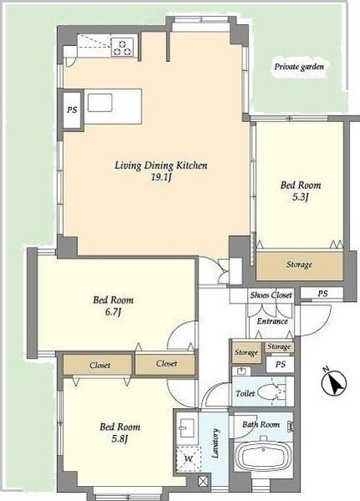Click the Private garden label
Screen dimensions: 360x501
coord(299,67)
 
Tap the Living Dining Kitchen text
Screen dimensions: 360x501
coord(161,166)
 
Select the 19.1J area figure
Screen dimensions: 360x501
coord(161,177)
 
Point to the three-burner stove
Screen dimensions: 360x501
coord(122,47)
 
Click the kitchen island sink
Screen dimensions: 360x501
coord(100,103)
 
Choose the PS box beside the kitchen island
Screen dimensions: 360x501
coord(72,110)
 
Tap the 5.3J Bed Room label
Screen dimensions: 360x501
coord(301,191)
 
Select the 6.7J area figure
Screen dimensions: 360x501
coord(113,312)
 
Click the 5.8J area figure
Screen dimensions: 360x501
coord(120,439)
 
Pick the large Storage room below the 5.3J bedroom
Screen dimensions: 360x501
coord(300,265)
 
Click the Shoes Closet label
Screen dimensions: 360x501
coord(271,294)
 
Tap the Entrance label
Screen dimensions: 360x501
coord(272,321)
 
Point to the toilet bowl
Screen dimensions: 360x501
coord(270,391)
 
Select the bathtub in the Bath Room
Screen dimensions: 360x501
coord(264,458)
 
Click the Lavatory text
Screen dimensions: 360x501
coord(216,443)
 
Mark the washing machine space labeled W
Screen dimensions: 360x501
coord(188,459)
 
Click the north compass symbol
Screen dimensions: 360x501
coord(334,381)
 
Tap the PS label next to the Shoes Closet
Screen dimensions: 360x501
coord(323,294)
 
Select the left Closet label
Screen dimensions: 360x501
coord(100,365)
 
